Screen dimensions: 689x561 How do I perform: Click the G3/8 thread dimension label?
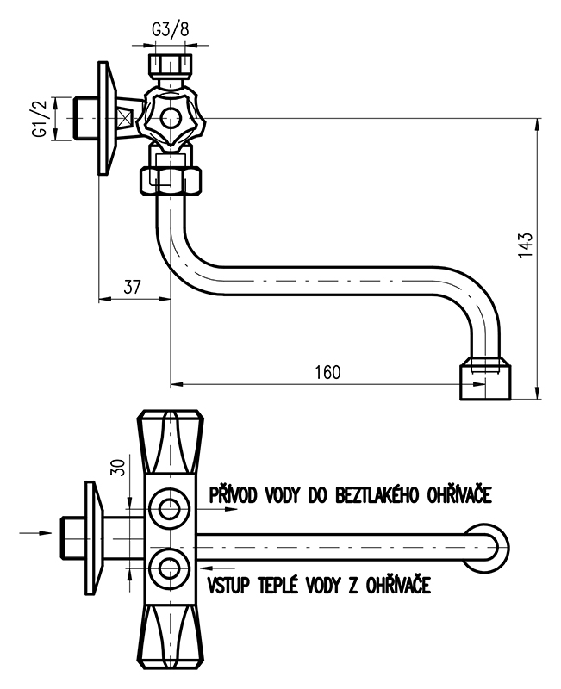coord(169,29)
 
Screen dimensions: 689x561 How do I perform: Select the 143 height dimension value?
coord(527,245)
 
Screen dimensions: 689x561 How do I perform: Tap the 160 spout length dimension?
coord(327,372)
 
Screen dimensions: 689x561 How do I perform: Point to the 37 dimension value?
coord(131,288)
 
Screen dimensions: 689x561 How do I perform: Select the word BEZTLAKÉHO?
coord(382,495)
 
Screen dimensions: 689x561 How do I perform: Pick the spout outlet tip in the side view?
coord(485,378)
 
